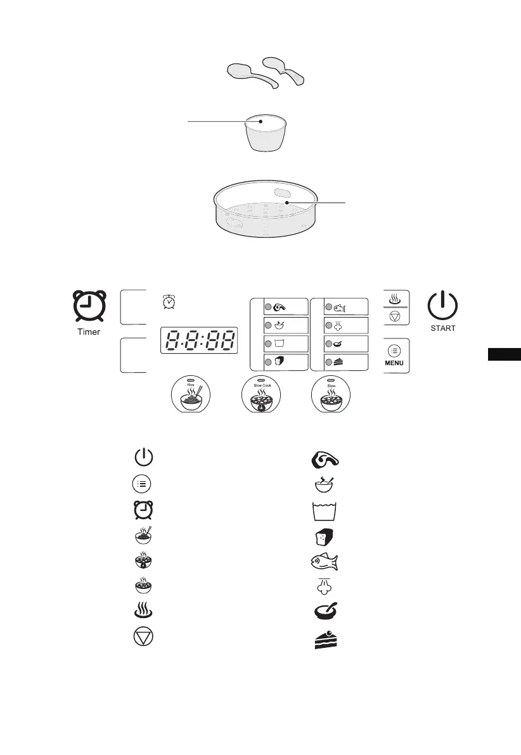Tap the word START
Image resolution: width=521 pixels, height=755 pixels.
442,328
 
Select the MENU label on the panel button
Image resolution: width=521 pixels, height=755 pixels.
396,364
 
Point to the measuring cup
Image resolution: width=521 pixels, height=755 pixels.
263,132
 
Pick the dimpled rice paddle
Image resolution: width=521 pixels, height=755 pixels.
285,70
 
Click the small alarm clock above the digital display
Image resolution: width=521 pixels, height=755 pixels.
169,302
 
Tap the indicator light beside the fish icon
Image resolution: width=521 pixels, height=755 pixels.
328,307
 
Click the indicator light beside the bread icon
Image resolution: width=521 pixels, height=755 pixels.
268,362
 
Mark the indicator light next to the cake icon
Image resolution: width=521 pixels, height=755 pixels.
328,362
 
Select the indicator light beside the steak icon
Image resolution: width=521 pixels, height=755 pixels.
268,307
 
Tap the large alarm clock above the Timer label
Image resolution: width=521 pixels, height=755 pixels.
87,307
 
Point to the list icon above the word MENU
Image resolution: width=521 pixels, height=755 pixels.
396,351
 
